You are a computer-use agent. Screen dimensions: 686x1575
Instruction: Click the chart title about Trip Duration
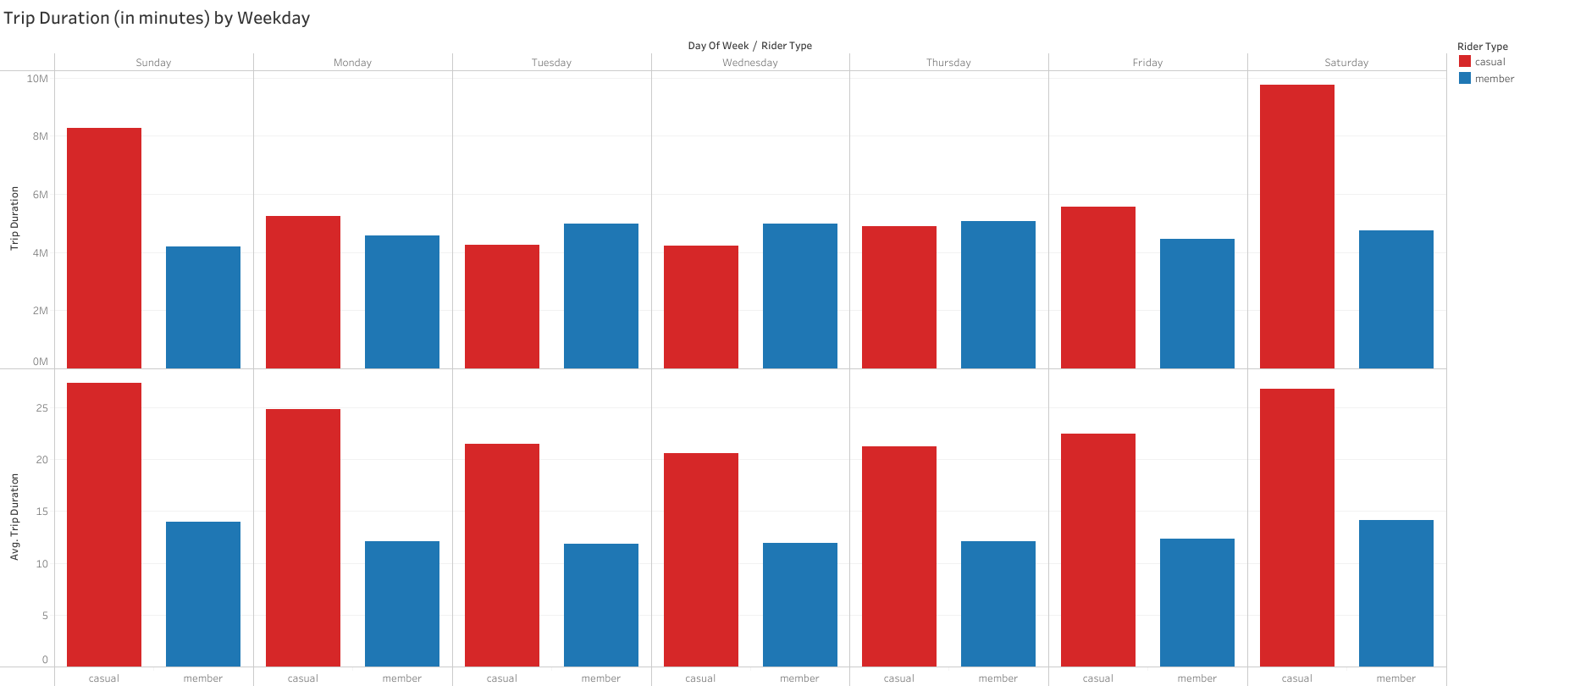[x=157, y=18]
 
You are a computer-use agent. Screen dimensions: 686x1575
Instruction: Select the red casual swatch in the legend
[x=1465, y=62]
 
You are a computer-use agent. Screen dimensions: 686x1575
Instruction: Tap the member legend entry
[x=1494, y=79]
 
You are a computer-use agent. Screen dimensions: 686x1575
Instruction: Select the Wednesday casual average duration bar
[x=700, y=560]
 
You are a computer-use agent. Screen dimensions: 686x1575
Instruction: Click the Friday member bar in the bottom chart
[x=1196, y=602]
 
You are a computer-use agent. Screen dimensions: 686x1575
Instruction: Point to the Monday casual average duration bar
[x=302, y=538]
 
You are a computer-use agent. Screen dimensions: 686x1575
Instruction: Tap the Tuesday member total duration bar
[x=600, y=296]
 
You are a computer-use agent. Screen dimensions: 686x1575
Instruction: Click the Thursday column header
[x=948, y=63]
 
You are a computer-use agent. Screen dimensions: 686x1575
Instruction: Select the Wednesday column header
[x=749, y=63]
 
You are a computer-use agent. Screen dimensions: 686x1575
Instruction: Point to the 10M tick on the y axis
[x=37, y=79]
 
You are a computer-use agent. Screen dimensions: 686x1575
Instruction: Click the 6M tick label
[x=40, y=195]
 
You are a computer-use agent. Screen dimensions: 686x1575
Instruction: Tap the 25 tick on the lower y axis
[x=42, y=408]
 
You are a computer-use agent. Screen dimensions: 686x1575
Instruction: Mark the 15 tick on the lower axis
[x=42, y=512]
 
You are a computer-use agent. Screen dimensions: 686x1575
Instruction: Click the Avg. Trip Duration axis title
[x=14, y=517]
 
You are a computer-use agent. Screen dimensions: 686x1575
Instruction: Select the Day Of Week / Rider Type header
[x=749, y=46]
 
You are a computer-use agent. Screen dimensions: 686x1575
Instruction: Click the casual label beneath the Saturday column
[x=1296, y=678]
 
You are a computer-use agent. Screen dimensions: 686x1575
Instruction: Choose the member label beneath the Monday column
[x=401, y=678]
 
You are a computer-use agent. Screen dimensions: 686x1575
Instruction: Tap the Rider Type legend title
[x=1482, y=47]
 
